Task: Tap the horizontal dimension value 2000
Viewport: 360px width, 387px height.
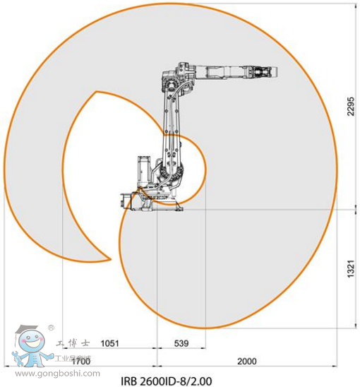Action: [246, 361]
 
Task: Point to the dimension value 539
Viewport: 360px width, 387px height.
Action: [181, 344]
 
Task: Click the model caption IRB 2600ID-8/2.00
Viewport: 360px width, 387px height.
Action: [171, 380]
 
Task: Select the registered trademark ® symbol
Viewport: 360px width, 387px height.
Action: [51, 328]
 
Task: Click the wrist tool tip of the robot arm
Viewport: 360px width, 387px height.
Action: [272, 71]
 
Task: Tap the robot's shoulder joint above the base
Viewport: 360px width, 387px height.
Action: [175, 169]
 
